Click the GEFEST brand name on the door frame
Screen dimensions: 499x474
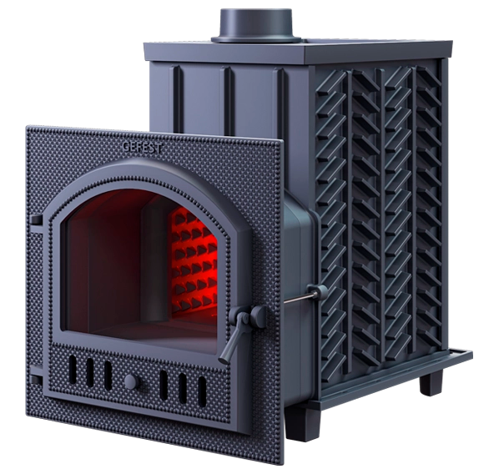point(142,148)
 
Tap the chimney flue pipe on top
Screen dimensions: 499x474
point(256,26)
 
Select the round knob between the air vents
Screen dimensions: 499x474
point(132,381)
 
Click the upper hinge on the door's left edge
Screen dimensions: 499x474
point(36,221)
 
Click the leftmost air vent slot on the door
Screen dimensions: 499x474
point(73,369)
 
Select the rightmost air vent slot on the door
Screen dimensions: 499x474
point(202,391)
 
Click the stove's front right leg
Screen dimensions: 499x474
point(302,423)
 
